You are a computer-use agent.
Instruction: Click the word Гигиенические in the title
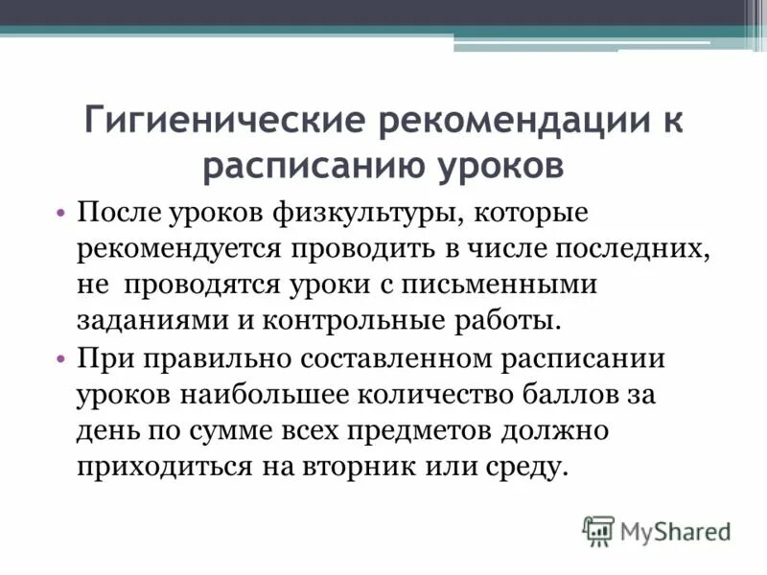(x=222, y=123)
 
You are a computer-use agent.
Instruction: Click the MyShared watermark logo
(x=658, y=529)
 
